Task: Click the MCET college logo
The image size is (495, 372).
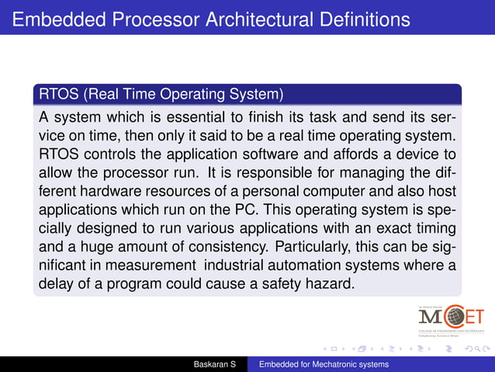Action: click(450, 318)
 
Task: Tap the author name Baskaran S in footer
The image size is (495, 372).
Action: click(220, 364)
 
